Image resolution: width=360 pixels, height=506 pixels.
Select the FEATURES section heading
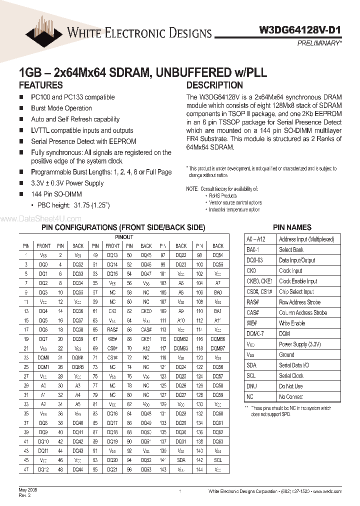coord(41,85)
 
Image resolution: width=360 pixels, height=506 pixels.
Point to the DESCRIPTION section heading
coord(214,85)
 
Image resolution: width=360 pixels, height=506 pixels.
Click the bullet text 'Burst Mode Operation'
coord(61,108)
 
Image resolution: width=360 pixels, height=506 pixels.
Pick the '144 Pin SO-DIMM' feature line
coord(56,194)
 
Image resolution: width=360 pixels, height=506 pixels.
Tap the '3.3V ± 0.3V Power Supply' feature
coord(67,183)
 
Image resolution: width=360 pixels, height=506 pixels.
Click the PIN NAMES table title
coord(292,227)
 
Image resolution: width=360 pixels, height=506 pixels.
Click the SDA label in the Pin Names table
coord(251,365)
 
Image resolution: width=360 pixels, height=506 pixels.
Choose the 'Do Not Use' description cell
coord(291,386)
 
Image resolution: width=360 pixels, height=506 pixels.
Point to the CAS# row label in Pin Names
coord(252,312)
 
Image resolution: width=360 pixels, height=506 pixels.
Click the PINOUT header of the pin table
coord(123,236)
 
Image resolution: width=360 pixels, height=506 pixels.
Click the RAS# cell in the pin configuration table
coord(112,329)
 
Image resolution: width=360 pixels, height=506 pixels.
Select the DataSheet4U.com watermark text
coord(34,218)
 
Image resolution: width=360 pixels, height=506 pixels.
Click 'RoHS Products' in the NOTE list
coord(222,196)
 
